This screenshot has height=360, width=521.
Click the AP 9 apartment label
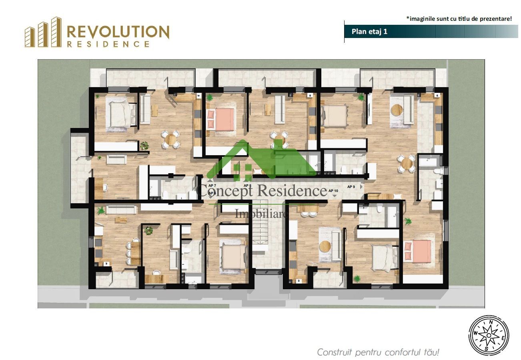point(351,187)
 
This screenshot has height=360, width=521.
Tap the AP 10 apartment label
point(333,191)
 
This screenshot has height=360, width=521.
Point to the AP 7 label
point(212,186)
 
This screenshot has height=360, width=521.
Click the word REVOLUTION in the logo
point(118,32)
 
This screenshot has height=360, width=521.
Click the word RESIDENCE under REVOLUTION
point(108,44)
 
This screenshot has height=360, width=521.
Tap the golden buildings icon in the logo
point(43,33)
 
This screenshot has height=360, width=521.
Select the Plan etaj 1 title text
point(369,32)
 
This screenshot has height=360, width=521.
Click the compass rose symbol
point(489,335)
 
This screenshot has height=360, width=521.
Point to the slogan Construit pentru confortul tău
point(378,352)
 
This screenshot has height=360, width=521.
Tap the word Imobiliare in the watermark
point(261,214)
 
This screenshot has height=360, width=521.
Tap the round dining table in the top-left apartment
point(171,139)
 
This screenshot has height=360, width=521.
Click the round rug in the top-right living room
point(397,110)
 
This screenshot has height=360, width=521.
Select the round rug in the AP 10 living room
point(325,247)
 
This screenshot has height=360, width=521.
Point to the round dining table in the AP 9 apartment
point(407,162)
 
